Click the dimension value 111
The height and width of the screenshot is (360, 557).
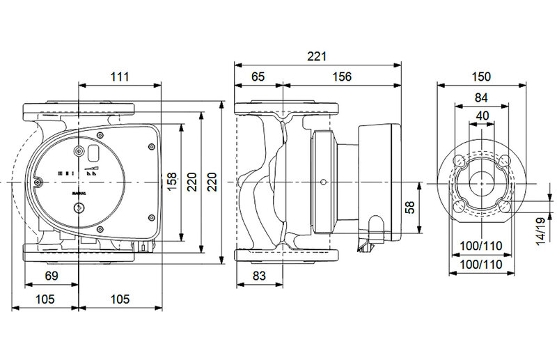(120, 77)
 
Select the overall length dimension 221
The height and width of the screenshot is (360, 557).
(317, 56)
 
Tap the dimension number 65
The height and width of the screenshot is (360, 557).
(259, 77)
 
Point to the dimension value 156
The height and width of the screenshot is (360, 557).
(342, 77)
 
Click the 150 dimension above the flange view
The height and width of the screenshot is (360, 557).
(481, 77)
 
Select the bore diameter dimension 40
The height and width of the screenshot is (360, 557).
(482, 115)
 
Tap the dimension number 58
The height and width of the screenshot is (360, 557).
(410, 208)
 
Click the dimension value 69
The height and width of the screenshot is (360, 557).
(52, 276)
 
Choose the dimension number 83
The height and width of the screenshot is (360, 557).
(259, 276)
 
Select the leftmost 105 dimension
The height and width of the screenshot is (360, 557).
(45, 299)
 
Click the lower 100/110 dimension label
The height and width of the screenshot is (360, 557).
(482, 265)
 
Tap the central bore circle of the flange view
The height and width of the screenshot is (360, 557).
(481, 182)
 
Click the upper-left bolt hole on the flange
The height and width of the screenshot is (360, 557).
(459, 161)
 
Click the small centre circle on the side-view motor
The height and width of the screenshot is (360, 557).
(324, 183)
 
